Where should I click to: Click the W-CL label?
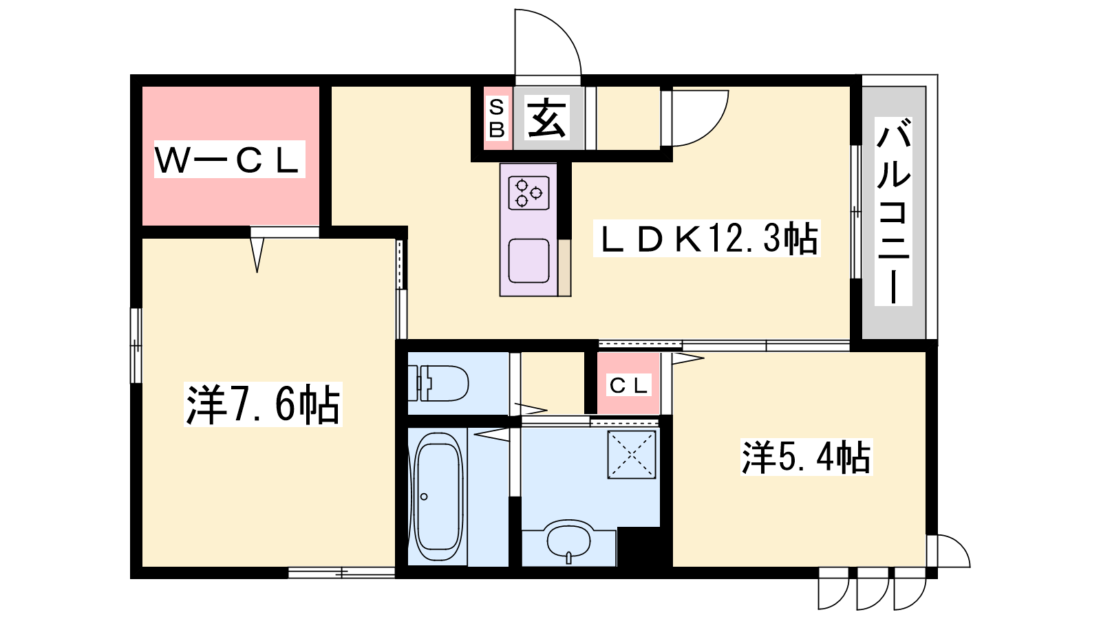click(x=230, y=159)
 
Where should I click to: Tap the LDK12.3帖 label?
click(x=707, y=239)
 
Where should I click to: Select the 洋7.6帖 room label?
click(x=263, y=404)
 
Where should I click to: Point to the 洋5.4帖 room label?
click(x=806, y=457)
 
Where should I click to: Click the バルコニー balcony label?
click(x=894, y=211)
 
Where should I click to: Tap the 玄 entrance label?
click(x=546, y=118)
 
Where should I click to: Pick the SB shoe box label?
click(x=496, y=118)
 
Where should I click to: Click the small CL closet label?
click(x=629, y=385)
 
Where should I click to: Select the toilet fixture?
click(x=438, y=382)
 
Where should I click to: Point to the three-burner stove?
click(x=529, y=193)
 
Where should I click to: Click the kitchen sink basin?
click(x=529, y=261)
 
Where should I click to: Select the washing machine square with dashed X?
click(x=632, y=455)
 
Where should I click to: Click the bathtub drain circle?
click(x=424, y=497)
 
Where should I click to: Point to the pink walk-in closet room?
click(x=231, y=155)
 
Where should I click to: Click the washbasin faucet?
click(x=569, y=558)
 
